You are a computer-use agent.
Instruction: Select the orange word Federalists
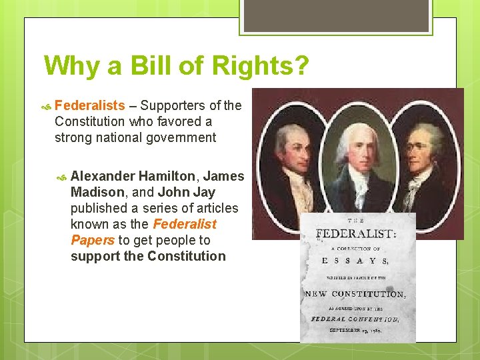click(x=89, y=105)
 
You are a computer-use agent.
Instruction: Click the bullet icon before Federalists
click(x=47, y=106)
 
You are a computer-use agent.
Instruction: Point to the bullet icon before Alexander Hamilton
click(x=63, y=177)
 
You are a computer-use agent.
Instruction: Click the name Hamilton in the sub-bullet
click(x=167, y=176)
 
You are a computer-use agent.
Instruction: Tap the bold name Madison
click(x=97, y=192)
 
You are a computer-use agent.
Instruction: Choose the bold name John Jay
click(x=187, y=192)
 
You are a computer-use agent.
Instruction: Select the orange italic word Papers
click(x=93, y=240)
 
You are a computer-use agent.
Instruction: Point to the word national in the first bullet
click(x=117, y=137)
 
